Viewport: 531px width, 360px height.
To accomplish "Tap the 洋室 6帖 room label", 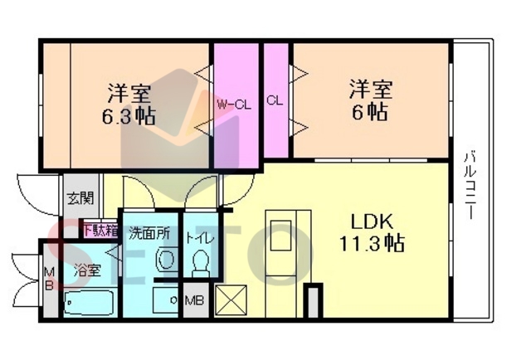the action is click(371, 100).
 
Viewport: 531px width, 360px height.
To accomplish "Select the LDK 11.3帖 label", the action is click(372, 232).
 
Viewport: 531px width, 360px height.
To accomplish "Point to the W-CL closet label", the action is click(234, 105).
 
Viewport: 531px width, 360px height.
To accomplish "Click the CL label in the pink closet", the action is click(275, 100).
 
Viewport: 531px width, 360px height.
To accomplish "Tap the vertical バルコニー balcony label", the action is click(470, 185).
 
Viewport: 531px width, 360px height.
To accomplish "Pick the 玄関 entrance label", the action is click(80, 198).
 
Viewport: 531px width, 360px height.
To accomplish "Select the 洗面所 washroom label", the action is click(149, 234).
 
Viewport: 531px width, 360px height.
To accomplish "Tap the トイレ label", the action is click(200, 239).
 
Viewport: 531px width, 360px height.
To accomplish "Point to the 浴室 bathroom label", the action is click(87, 270).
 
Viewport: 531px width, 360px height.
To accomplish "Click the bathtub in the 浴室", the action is click(89, 303).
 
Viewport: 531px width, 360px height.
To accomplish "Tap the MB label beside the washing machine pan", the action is click(194, 300).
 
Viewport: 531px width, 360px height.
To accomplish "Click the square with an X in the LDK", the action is click(231, 300).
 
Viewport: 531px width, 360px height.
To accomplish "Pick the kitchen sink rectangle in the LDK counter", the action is click(280, 236).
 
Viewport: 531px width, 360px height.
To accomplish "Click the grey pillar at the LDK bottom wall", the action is click(314, 301).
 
